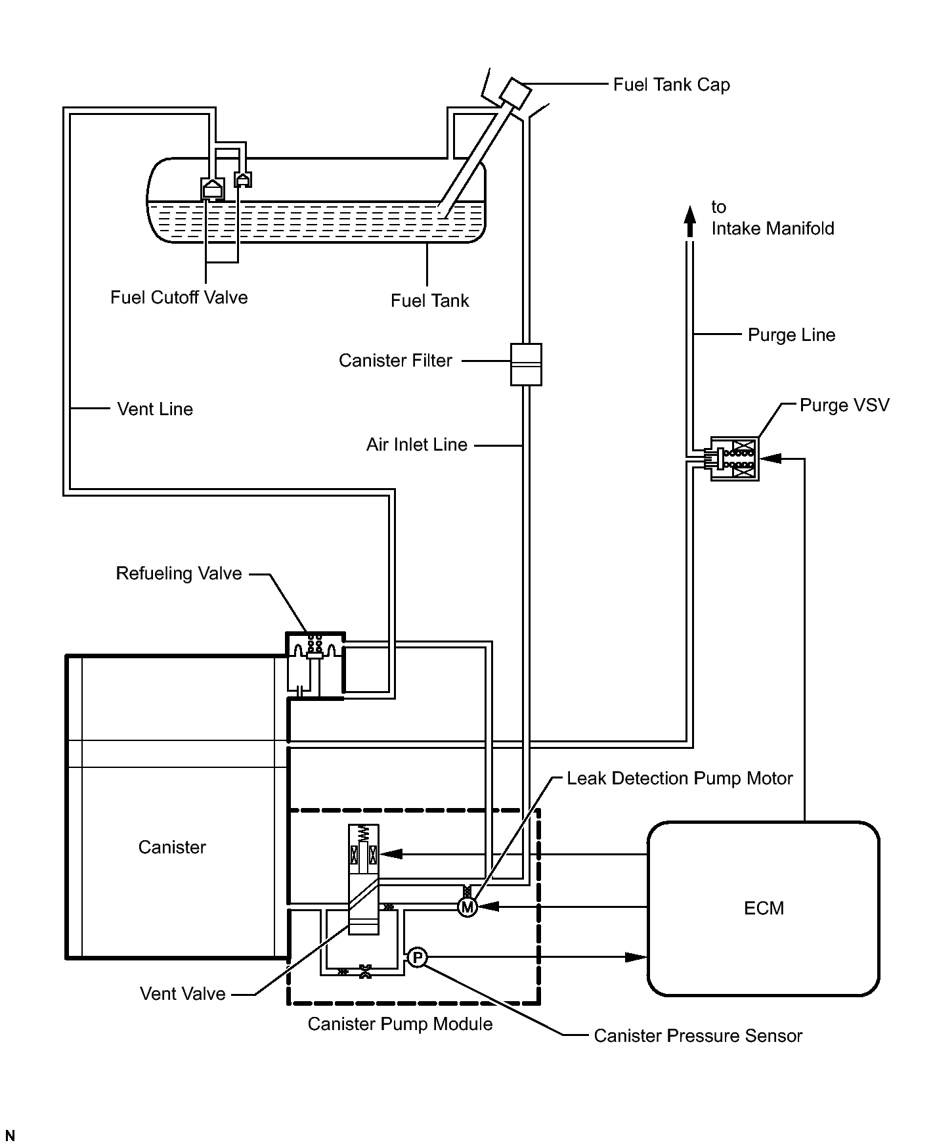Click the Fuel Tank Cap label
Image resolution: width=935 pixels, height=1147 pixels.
[x=671, y=85]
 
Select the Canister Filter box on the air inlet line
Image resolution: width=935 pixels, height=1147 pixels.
[x=526, y=364]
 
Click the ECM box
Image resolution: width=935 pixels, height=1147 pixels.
[x=763, y=909]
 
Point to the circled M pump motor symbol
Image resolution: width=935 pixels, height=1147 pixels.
[x=467, y=907]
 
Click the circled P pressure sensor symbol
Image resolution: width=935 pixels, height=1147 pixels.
[x=417, y=958]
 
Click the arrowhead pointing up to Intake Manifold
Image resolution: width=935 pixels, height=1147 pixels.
[x=689, y=221]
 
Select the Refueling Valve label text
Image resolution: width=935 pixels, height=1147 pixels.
[x=179, y=573]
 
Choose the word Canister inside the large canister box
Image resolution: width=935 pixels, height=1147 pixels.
[x=172, y=847]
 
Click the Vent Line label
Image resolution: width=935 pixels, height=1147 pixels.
[x=155, y=409]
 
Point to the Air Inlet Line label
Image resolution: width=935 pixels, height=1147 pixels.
[x=417, y=445]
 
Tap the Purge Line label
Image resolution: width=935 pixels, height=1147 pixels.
[x=791, y=335]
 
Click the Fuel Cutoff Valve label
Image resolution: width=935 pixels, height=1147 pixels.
[x=179, y=298]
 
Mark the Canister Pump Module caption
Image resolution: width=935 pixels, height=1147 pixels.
[x=400, y=1024]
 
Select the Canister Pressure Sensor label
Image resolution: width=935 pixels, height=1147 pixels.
[x=698, y=1036]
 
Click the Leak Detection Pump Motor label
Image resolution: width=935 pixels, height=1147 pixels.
[x=680, y=778]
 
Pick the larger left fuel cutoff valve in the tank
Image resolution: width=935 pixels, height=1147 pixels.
[x=212, y=189]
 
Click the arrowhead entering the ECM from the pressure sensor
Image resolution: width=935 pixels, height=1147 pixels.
[x=636, y=957]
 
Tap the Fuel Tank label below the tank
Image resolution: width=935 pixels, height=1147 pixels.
[x=429, y=301]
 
